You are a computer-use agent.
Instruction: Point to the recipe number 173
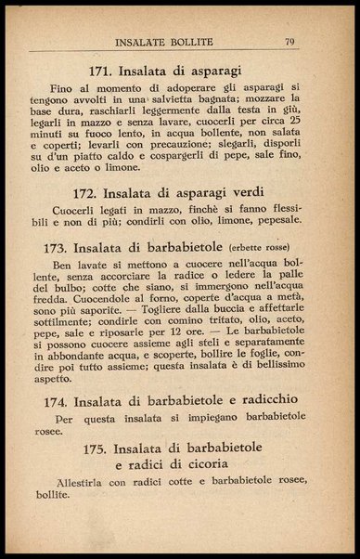point(59,249)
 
